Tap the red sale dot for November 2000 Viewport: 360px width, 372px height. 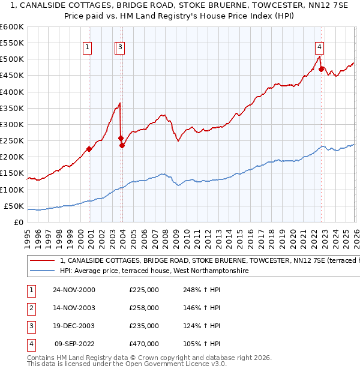[89, 149]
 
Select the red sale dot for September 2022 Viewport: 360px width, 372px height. [321, 69]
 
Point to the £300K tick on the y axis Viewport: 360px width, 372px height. [12, 124]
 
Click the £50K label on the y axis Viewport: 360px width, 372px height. [14, 206]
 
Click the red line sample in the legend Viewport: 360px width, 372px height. [42, 261]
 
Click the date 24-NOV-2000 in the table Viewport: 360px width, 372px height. [73, 290]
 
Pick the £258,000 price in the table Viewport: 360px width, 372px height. [144, 308]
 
